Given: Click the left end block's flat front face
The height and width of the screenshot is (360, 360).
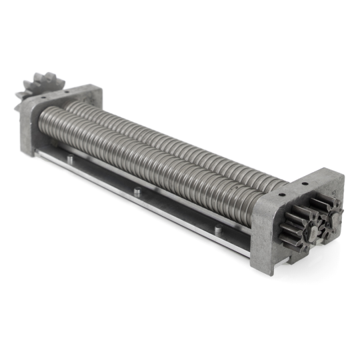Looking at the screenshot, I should click(28, 127).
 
